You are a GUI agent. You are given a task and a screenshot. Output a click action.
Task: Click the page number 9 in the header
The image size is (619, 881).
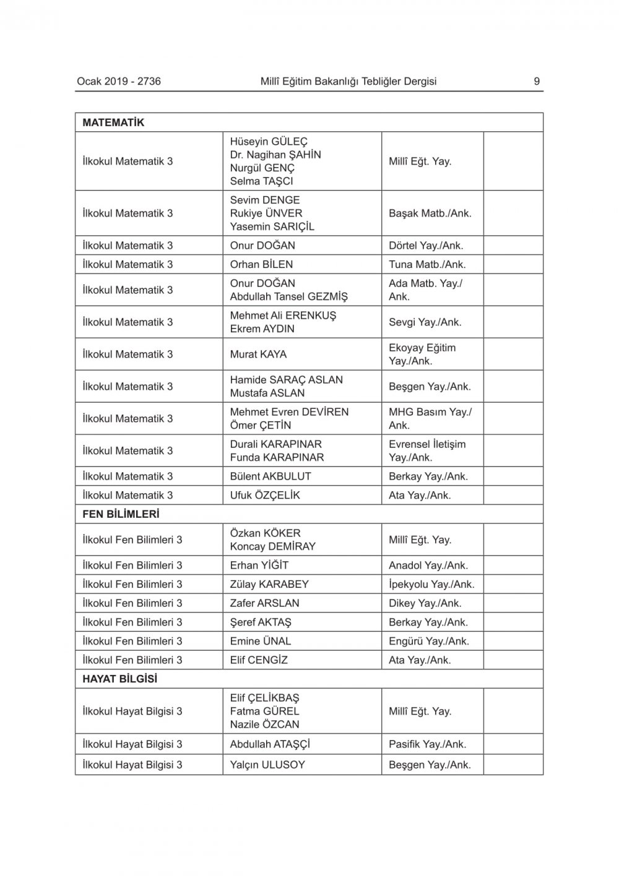pos(537,81)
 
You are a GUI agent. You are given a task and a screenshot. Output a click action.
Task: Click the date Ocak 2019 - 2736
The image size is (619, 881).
pos(119,81)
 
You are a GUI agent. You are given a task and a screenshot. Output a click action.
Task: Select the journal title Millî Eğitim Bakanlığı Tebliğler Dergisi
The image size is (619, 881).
pos(348,81)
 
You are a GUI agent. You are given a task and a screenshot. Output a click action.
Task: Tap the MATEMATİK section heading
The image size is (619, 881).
pos(113,122)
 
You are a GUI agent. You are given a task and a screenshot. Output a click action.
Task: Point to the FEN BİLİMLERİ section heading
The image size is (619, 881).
pos(121,514)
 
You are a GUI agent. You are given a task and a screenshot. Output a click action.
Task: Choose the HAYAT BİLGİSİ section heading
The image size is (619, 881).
pos(120,679)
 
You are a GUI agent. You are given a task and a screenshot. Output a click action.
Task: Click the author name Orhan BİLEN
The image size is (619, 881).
pos(261,264)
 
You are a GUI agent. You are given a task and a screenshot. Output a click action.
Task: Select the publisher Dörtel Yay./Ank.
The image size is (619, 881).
pos(426,246)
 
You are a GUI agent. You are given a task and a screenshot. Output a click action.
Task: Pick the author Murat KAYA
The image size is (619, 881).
pos(258,355)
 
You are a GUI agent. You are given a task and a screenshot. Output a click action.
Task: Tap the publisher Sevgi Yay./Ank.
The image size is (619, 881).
pos(425,322)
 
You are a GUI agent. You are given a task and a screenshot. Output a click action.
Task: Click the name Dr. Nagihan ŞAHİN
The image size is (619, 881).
pos(275,155)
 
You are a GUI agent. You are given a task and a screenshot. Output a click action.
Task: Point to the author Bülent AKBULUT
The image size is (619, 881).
pos(271,476)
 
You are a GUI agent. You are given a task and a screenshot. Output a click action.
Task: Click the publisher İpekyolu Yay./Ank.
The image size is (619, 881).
pos(431,584)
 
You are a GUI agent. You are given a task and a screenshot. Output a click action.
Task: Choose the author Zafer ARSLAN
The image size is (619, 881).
pos(264,603)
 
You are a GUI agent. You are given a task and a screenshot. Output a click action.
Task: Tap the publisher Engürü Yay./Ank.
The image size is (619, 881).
pos(429,641)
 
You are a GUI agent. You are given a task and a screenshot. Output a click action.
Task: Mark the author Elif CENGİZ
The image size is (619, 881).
pos(259,660)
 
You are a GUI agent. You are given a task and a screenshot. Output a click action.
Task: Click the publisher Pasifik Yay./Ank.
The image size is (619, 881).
pos(427,744)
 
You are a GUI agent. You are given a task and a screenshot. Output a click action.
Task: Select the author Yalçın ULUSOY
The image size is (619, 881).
pos(267,765)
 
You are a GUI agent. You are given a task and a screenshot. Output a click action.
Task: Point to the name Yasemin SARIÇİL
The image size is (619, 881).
pos(272,226)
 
